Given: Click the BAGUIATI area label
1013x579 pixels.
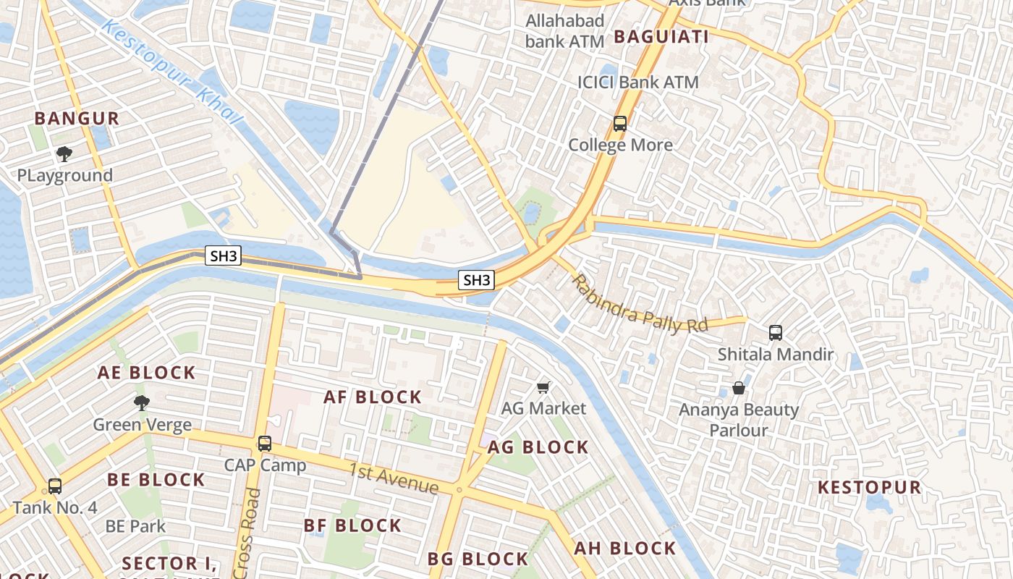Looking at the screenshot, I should click(x=661, y=36).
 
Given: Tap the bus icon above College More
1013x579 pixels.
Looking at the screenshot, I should click(x=620, y=123).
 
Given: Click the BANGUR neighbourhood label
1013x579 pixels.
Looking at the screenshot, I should click(x=77, y=119).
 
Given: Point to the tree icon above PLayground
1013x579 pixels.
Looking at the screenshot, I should click(x=64, y=153).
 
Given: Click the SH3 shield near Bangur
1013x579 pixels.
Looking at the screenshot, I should click(x=223, y=255).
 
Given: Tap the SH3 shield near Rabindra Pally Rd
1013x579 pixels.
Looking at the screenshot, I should click(x=477, y=280).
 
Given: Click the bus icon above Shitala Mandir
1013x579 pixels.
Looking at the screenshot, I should click(x=776, y=333).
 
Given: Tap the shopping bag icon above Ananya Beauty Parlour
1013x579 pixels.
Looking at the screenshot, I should click(x=739, y=388).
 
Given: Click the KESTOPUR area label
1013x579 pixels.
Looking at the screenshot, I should click(x=870, y=487).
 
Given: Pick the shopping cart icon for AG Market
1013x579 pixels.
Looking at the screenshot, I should click(x=544, y=387).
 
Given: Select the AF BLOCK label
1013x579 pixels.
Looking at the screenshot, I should click(x=373, y=397).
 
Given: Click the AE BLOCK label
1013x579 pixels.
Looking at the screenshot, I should click(x=147, y=373).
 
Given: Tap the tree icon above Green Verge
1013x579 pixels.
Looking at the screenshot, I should click(x=142, y=402).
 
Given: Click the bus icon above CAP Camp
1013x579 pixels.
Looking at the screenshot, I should click(x=265, y=444).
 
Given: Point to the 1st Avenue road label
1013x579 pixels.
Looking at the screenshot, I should click(x=394, y=478).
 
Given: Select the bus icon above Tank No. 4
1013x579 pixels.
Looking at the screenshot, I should click(x=55, y=486).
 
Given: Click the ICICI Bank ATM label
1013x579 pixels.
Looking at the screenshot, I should click(x=637, y=83).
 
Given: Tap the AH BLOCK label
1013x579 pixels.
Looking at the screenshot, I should click(x=625, y=548).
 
